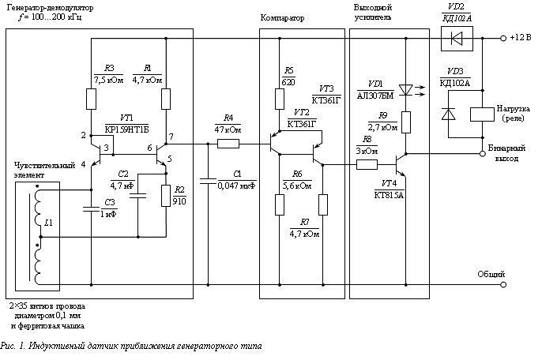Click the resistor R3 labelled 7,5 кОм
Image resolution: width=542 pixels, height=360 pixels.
point(90,99)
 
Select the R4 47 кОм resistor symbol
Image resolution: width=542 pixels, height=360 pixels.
point(228,144)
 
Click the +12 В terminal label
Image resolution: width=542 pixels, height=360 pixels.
point(523,38)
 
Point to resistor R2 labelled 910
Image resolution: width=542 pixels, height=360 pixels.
point(166,194)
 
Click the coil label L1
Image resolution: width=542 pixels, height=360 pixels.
point(48,224)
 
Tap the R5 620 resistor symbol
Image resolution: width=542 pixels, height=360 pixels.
point(279,99)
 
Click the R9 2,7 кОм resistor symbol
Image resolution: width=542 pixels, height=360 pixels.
point(405,121)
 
